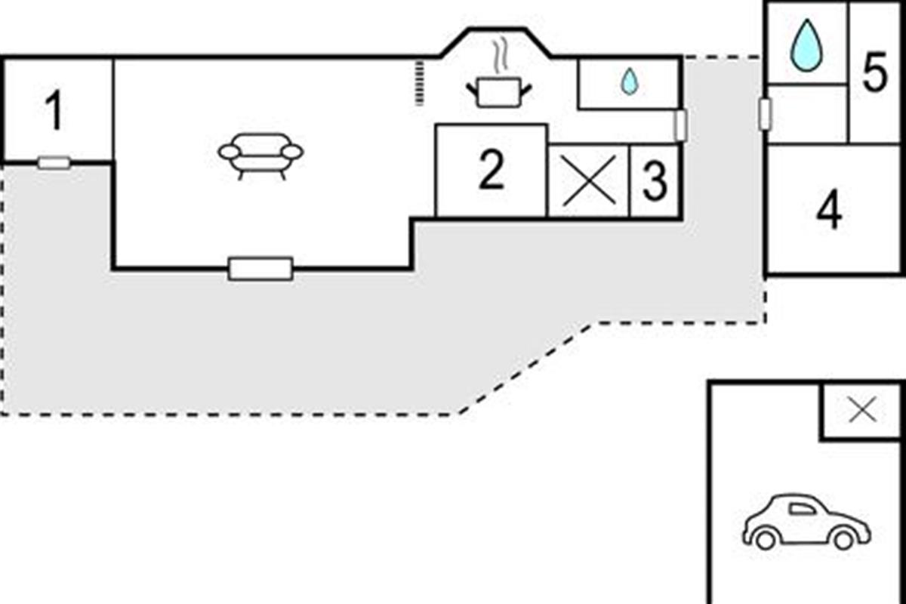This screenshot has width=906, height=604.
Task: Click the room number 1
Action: (54, 109)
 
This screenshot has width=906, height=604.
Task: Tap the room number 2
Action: (492, 170)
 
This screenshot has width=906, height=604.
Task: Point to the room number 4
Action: (829, 209)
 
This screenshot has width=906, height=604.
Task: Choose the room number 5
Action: (875, 72)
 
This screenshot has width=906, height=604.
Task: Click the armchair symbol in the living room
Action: (260, 156)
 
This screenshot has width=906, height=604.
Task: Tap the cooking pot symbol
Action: (499, 93)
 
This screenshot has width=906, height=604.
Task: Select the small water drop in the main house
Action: (630, 82)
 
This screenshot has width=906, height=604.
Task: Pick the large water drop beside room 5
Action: (806, 45)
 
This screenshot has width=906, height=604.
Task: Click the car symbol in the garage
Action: (806, 521)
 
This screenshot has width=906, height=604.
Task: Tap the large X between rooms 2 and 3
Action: (589, 180)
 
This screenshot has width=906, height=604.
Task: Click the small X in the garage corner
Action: (862, 410)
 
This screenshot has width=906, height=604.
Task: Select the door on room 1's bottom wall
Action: (54, 163)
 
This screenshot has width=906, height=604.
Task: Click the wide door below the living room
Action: (260, 269)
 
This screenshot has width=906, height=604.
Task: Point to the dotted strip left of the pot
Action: (420, 83)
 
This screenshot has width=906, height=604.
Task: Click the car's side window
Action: (803, 509)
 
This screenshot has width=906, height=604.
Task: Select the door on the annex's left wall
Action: (765, 114)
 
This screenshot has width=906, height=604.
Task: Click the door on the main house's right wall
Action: (680, 125)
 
